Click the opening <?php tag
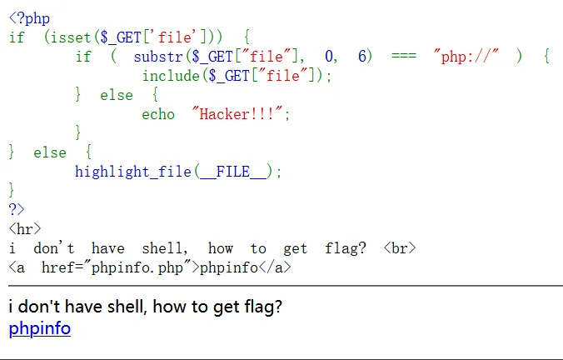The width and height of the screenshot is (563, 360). pos(29,18)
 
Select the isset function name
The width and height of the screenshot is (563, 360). pos(71,37)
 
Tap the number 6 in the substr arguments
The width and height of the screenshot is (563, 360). pos(362,56)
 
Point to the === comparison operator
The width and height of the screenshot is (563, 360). pos(404,56)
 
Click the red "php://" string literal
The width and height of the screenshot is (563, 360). pos(466,57)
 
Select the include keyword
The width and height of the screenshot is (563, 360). pos(171,76)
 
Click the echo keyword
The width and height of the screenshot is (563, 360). pos(158,114)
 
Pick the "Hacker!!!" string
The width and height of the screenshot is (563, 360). pos(237,114)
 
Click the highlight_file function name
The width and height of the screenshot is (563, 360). pos(133,172)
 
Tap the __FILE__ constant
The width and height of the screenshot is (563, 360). pos(233,172)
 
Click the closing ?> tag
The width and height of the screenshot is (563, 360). pos(17,209)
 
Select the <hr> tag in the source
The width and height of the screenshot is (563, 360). pos(25,229)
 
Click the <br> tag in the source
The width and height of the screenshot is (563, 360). pos(400,248)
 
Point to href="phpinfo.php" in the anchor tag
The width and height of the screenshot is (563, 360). pos(117,267)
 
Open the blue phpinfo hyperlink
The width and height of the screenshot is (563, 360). pos(40,328)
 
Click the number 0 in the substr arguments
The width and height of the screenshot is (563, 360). pos(329,57)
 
